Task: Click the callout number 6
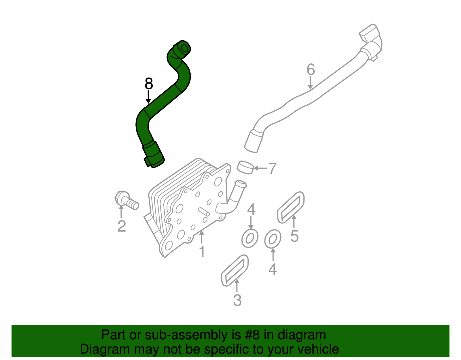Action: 311,70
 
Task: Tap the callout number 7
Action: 272,168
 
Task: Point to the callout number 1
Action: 202,252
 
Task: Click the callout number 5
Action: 294,236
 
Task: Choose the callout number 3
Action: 237,300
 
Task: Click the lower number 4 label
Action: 273,269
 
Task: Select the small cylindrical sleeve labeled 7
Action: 245,167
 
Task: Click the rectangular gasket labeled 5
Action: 290,207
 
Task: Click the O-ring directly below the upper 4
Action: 250,238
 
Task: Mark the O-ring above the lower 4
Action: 273,239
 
